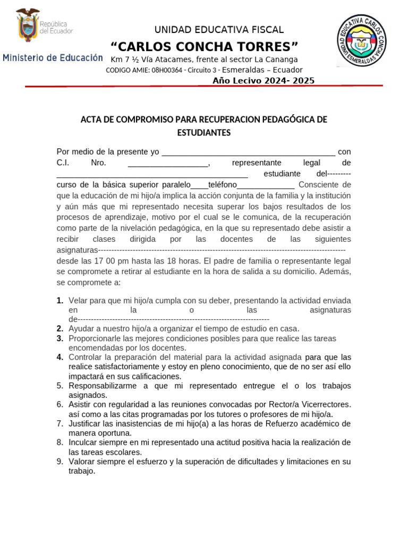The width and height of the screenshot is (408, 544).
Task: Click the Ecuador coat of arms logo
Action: [28, 25]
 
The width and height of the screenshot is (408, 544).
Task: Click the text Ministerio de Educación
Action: [53, 57]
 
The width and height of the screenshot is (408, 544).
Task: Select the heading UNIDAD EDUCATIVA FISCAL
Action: [219, 30]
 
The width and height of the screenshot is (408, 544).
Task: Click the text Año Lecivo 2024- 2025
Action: [263, 81]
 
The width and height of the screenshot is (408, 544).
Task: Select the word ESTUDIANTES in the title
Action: [203, 132]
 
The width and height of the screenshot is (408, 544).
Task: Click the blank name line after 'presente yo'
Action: [248, 152]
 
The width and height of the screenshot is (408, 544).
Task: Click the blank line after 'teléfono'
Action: [266, 185]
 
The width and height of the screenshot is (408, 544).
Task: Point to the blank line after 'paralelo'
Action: [199, 185]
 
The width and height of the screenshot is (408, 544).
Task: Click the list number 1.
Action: [60, 301]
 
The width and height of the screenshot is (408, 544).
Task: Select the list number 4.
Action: [60, 357]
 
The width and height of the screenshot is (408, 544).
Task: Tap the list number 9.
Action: [60, 462]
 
